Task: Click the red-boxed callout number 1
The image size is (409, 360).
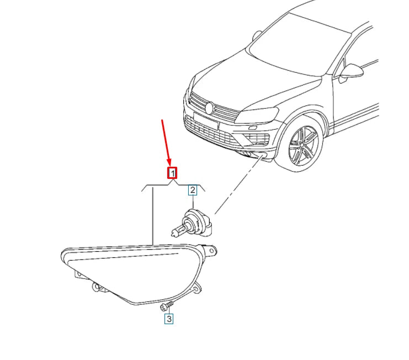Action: tap(172, 173)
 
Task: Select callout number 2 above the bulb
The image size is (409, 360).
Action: tap(193, 190)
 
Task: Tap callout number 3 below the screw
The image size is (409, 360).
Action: tap(169, 319)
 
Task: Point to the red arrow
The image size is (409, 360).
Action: tap(167, 143)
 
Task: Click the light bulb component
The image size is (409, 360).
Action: tap(192, 223)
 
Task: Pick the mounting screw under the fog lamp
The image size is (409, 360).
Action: tap(167, 306)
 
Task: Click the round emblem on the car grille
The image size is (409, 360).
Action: tap(209, 108)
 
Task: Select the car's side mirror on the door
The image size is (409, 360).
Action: tap(350, 73)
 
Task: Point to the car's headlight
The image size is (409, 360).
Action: tap(258, 115)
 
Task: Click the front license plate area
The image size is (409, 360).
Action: tap(206, 120)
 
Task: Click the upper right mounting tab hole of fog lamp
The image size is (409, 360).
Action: tap(211, 251)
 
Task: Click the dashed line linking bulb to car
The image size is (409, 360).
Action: tap(238, 185)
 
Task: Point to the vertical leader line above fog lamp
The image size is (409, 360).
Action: tap(153, 215)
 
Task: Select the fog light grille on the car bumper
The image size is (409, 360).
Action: tap(257, 137)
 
